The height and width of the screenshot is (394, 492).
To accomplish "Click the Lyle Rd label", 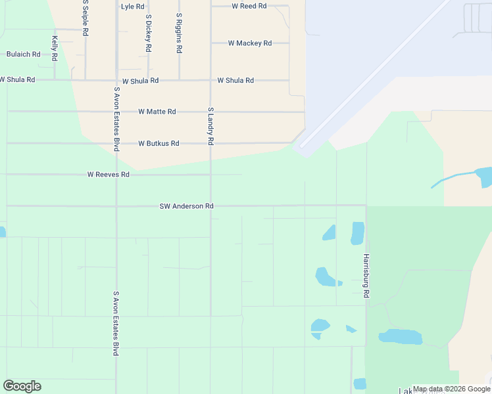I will click(132, 7).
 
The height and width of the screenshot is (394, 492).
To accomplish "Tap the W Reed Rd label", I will click(249, 6).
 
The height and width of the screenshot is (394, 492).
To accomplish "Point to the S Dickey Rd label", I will click(149, 33).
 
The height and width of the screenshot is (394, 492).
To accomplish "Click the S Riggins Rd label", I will click(179, 33).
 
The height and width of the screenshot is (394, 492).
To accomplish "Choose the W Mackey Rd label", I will click(249, 43).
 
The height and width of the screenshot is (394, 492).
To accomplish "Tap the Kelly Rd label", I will click(55, 48).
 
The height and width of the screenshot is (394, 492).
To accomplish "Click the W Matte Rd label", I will click(157, 112).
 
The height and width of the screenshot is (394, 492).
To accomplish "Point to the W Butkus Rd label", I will click(159, 143).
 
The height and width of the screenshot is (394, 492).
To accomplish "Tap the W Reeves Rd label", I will click(108, 175).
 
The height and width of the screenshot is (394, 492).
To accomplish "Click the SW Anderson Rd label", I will click(186, 206).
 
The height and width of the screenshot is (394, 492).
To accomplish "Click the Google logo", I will click(22, 386).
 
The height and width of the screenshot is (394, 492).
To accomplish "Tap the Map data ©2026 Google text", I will click(451, 389).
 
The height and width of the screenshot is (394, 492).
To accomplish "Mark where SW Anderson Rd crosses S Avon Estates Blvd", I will click(116, 206).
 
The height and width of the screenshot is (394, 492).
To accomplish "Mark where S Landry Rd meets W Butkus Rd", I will click(210, 143).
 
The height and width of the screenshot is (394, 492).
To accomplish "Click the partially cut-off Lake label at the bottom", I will click(401, 390).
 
